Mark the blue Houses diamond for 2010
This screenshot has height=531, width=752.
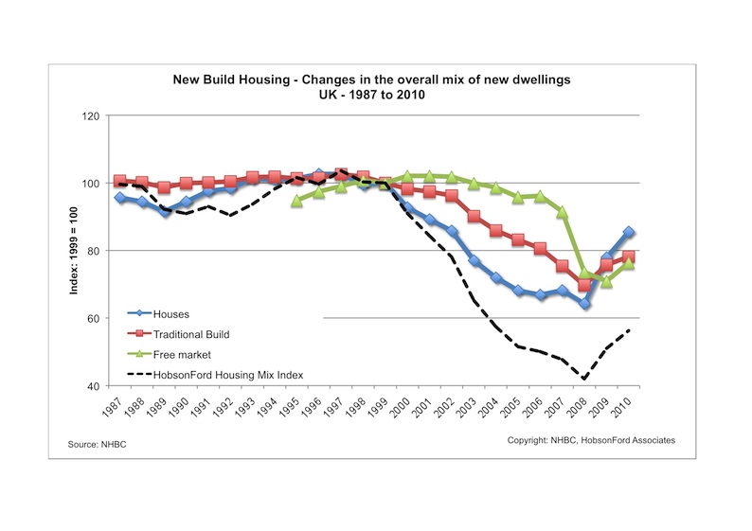point(629,232)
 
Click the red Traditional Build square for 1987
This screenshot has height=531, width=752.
point(119,181)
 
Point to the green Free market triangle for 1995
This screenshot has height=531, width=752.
point(296,201)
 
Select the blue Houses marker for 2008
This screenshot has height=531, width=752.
point(584,304)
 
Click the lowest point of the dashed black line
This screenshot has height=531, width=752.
point(585,379)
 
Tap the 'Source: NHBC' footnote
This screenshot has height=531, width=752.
point(97,444)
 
